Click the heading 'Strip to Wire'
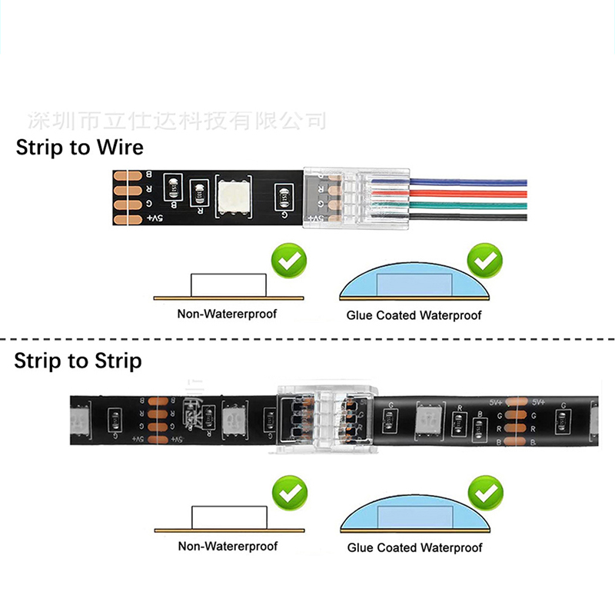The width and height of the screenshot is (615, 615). coord(79,147)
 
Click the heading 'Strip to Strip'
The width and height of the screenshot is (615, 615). coord(78,360)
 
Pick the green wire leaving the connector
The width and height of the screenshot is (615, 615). coord(469,206)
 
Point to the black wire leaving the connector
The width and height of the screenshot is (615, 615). coord(469,218)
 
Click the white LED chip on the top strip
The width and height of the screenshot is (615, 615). coord(232,195)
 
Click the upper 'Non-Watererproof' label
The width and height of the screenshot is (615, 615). coord(227,314)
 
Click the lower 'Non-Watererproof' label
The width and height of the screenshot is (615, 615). coord(228,547)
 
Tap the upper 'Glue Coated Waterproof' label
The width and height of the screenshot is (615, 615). coord(414,315)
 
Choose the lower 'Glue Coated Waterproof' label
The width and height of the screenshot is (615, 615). coord(414,548)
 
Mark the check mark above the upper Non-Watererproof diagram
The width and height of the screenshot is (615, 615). coord(290,262)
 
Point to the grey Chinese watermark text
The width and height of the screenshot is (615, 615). coord(177,120)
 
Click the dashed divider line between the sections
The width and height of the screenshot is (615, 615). coord(307,338)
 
